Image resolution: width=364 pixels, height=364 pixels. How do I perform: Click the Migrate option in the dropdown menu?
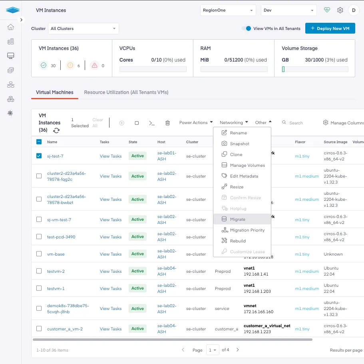[238, 219]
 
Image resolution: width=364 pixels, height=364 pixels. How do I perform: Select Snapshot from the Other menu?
[239, 144]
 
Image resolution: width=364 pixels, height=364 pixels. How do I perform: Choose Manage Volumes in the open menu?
[247, 165]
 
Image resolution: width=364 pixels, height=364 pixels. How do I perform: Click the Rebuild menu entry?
[238, 241]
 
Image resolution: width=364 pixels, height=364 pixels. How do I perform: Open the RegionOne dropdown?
[228, 10]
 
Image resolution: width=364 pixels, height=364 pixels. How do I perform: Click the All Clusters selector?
[84, 29]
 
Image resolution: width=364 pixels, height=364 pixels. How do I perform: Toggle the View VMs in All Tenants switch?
[247, 29]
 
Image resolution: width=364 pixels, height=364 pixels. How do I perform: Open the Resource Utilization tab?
[126, 92]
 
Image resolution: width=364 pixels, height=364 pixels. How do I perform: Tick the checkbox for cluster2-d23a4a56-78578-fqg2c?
[39, 176]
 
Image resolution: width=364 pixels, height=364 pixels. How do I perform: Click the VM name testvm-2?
[56, 271]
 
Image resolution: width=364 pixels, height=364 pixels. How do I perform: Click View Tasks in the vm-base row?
[111, 254]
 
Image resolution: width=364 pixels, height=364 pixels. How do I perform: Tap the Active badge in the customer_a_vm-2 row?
[137, 329]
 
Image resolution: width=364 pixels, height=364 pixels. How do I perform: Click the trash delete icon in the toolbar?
[168, 123]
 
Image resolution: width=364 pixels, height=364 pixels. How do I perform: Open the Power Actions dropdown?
[196, 123]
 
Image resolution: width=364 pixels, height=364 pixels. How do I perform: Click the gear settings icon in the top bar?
[340, 10]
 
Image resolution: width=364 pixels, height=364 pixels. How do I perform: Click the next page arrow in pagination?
[238, 350]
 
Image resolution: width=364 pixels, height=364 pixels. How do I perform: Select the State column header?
[133, 142]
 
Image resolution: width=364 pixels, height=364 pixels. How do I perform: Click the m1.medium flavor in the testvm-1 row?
[307, 288]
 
